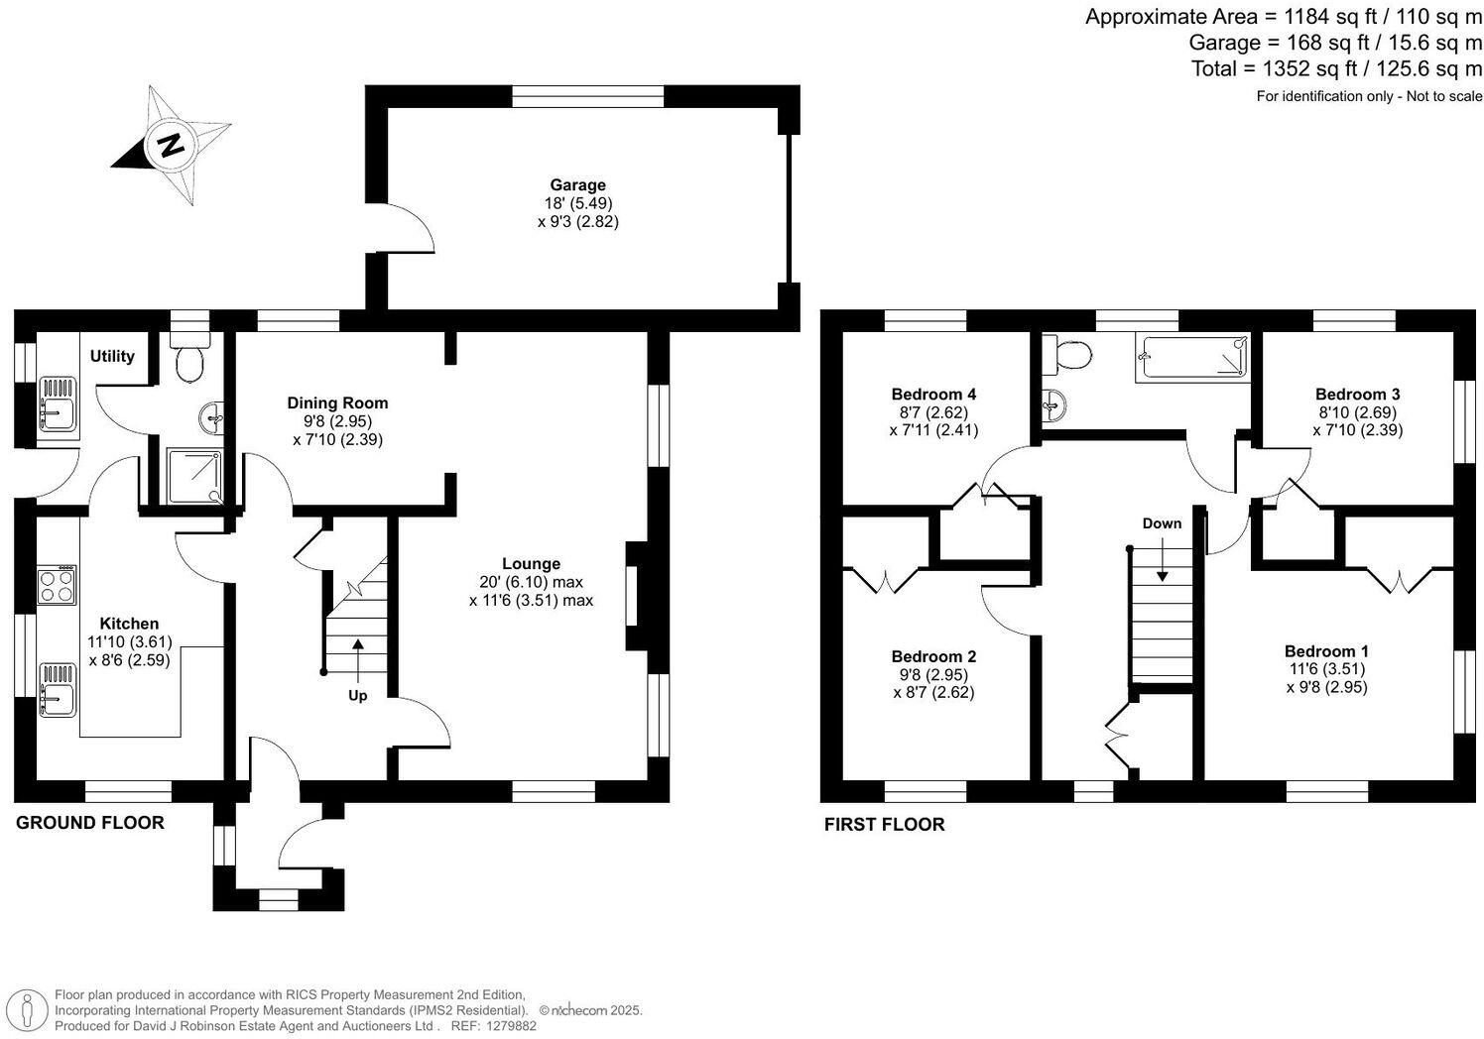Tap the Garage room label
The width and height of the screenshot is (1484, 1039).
(577, 184)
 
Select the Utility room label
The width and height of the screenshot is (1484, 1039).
(112, 356)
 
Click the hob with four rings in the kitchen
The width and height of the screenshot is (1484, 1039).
(58, 585)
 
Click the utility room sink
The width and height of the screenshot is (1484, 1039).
(58, 404)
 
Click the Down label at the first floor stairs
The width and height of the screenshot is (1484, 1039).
(1162, 522)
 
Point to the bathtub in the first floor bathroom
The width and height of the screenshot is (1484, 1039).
(1191, 357)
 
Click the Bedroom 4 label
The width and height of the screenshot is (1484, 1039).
(933, 394)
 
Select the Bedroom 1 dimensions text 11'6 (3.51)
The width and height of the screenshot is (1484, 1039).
(1326, 668)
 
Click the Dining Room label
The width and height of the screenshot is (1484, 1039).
(337, 403)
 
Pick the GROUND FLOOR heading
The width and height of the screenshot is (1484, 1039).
(90, 822)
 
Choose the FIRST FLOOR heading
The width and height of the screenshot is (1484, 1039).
(884, 824)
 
